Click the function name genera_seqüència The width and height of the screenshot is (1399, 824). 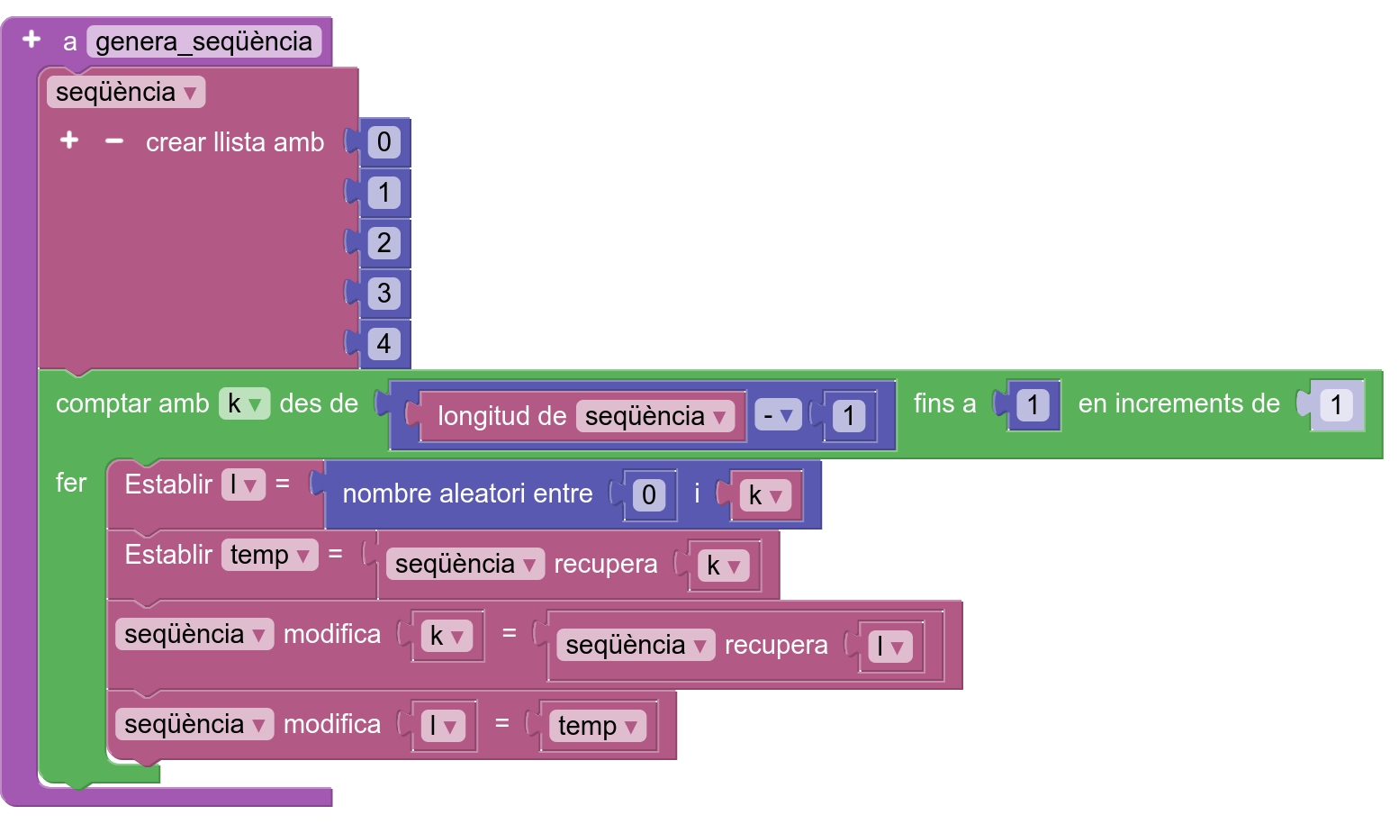point(203,41)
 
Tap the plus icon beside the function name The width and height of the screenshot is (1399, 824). point(32,40)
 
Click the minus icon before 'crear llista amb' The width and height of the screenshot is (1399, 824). point(113,141)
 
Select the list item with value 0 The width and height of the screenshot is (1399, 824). point(384,142)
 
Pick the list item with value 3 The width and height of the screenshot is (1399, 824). point(384,294)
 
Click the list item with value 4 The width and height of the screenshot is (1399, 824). point(384,344)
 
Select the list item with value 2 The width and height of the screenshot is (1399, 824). point(384,243)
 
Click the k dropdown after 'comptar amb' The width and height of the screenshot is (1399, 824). point(244,404)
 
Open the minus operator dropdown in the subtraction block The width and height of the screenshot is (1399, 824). point(778,416)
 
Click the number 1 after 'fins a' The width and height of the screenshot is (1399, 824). point(1033,405)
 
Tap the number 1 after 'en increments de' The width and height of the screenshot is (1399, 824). point(1336,405)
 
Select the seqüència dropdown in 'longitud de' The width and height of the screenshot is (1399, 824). point(655,416)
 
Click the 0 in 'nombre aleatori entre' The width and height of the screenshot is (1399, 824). point(648,495)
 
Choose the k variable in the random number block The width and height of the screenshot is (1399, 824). point(765,495)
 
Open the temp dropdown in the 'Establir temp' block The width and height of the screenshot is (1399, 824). point(269,555)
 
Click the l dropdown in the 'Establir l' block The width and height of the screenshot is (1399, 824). point(243,484)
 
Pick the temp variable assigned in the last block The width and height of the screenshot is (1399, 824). point(598,726)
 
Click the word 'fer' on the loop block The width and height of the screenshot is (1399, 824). point(71,483)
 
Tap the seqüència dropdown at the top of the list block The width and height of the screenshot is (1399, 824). point(126,92)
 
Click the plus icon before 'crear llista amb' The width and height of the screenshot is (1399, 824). point(69,140)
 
